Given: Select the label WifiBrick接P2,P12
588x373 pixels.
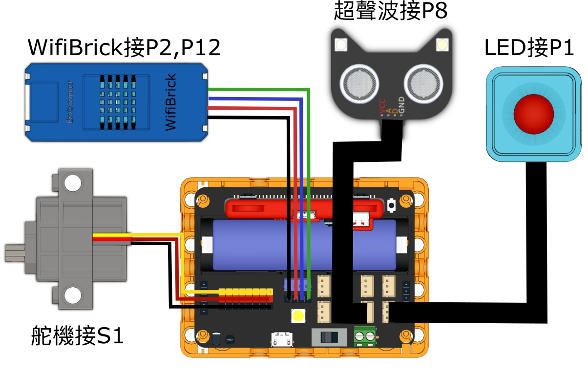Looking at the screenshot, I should [x=125, y=47].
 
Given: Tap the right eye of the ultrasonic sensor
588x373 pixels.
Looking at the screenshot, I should [x=421, y=81].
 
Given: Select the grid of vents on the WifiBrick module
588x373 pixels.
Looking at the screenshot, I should [x=118, y=99].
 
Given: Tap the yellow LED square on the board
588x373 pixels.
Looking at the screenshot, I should [x=298, y=316].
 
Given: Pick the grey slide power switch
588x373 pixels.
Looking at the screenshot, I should [x=329, y=336].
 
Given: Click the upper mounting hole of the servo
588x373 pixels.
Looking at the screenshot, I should [x=72, y=183].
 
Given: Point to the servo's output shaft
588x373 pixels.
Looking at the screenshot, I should [x=15, y=252].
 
